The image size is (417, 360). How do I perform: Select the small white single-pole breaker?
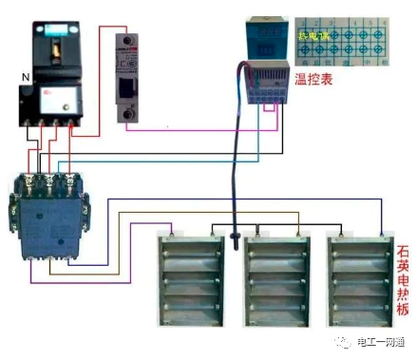(x=126, y=77)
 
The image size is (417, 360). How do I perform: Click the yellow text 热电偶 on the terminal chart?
(x=313, y=34)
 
